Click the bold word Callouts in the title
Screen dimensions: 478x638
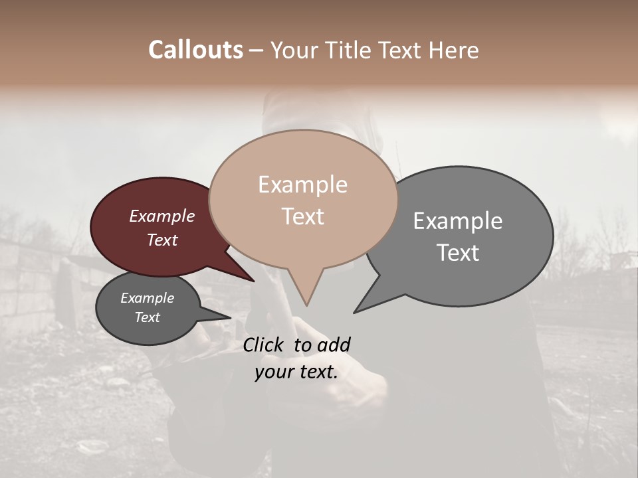(x=195, y=50)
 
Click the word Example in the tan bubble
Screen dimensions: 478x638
(x=302, y=185)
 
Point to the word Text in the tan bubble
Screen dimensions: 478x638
(x=302, y=216)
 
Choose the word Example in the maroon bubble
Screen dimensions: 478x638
(x=161, y=216)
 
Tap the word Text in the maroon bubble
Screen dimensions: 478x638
(x=161, y=240)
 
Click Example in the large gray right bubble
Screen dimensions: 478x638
(x=458, y=221)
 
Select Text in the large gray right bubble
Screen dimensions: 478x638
(x=458, y=252)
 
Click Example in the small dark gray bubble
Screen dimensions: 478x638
(x=147, y=298)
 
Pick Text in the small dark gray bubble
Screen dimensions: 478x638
(x=147, y=317)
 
